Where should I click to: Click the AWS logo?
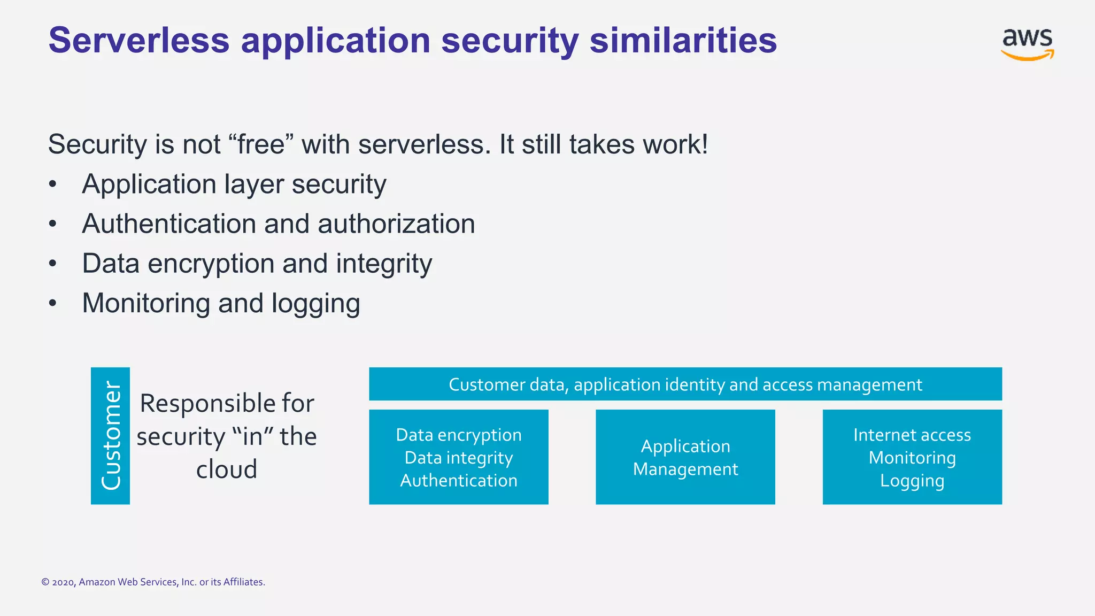pyautogui.click(x=1027, y=44)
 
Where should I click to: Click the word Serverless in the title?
pyautogui.click(x=139, y=41)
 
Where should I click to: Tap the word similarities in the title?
pyautogui.click(x=683, y=41)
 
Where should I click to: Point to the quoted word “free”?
pyautogui.click(x=261, y=144)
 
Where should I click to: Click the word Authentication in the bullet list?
pyautogui.click(x=168, y=224)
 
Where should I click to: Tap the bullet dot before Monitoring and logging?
pyautogui.click(x=52, y=304)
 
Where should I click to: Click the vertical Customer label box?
pyautogui.click(x=110, y=435)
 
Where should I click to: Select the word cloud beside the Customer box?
pyautogui.click(x=227, y=469)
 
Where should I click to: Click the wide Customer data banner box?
pyautogui.click(x=685, y=384)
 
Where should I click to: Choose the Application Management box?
pyautogui.click(x=685, y=457)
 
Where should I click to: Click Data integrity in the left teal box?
pyautogui.click(x=459, y=458)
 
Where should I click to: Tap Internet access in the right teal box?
pyautogui.click(x=912, y=435)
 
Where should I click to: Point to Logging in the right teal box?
pyautogui.click(x=912, y=481)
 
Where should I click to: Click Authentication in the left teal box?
pyautogui.click(x=459, y=480)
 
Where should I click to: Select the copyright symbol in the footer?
pyautogui.click(x=45, y=582)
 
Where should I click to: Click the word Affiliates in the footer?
pyautogui.click(x=243, y=582)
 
